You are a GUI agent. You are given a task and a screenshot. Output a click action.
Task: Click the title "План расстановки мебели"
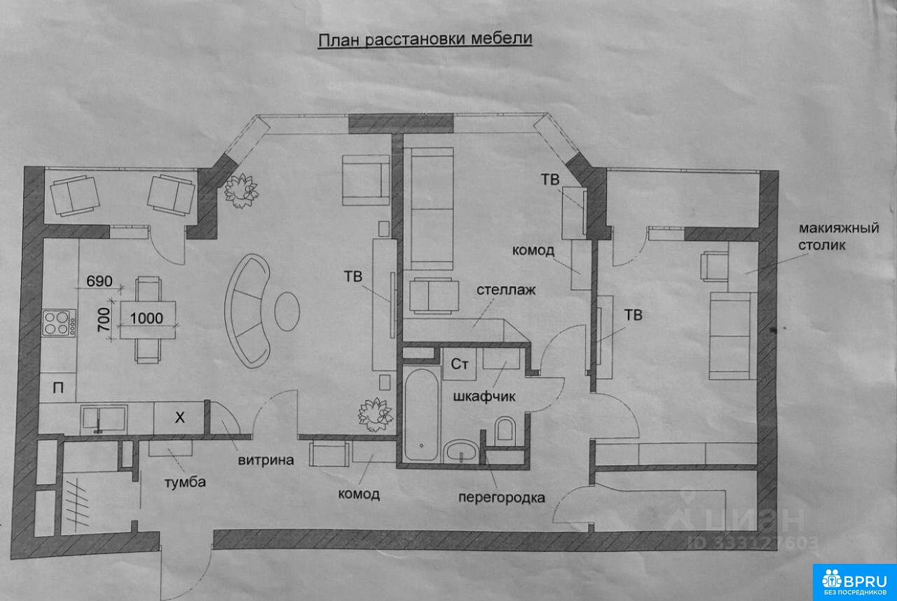(x=425, y=40)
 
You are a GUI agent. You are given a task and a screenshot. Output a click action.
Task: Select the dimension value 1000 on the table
(x=146, y=318)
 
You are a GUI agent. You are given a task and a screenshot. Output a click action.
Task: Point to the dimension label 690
(x=100, y=281)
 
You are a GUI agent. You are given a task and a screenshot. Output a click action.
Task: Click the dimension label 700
(x=104, y=319)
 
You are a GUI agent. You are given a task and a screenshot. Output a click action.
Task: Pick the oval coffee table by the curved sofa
(x=287, y=311)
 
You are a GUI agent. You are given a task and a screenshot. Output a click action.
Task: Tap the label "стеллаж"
(x=506, y=290)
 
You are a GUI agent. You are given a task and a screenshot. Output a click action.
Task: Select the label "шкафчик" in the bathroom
(x=484, y=396)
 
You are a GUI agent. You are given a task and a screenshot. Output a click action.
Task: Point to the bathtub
(x=421, y=414)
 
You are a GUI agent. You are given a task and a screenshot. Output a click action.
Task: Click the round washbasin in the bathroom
(x=461, y=451)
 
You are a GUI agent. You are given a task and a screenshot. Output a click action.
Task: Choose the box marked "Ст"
(x=459, y=364)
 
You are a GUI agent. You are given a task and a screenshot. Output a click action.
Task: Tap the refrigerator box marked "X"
(x=179, y=418)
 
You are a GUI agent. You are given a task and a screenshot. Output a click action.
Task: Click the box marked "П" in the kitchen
(x=58, y=388)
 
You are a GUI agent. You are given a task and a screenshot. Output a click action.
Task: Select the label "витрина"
(x=266, y=460)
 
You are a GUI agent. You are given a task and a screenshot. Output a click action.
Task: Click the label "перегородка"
(x=501, y=498)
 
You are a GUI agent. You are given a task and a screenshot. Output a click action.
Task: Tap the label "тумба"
(x=185, y=482)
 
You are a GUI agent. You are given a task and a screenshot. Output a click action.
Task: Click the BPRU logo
(x=854, y=583)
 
